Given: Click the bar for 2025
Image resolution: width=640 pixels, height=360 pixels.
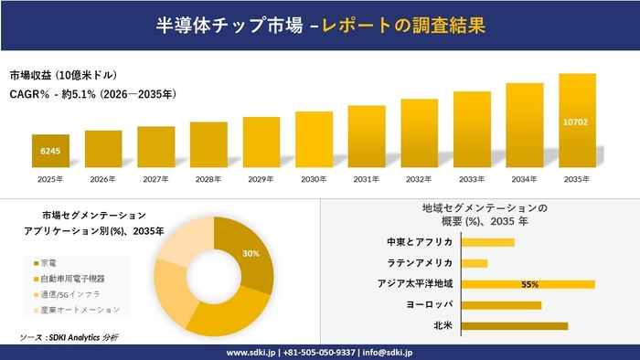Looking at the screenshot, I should [x=50, y=151].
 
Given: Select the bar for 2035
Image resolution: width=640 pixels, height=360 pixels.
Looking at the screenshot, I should [x=577, y=121].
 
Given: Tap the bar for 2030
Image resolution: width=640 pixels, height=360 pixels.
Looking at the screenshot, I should [x=314, y=140].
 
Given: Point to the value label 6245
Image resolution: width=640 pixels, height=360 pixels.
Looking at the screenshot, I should [x=50, y=151].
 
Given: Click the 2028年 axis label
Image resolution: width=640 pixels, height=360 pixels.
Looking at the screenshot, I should [x=208, y=179].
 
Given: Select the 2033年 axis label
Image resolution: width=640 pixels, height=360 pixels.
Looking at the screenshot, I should [x=472, y=179].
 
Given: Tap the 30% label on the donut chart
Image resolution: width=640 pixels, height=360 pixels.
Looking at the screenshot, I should [x=251, y=253].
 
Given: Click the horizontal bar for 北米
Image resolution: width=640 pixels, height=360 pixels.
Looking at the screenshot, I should [x=515, y=325].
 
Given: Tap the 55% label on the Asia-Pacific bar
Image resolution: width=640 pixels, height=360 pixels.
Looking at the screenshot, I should [x=528, y=284].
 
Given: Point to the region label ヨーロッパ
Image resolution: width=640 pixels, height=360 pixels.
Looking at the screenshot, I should [x=429, y=304].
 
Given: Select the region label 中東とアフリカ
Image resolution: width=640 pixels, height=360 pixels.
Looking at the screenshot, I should [x=421, y=242].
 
